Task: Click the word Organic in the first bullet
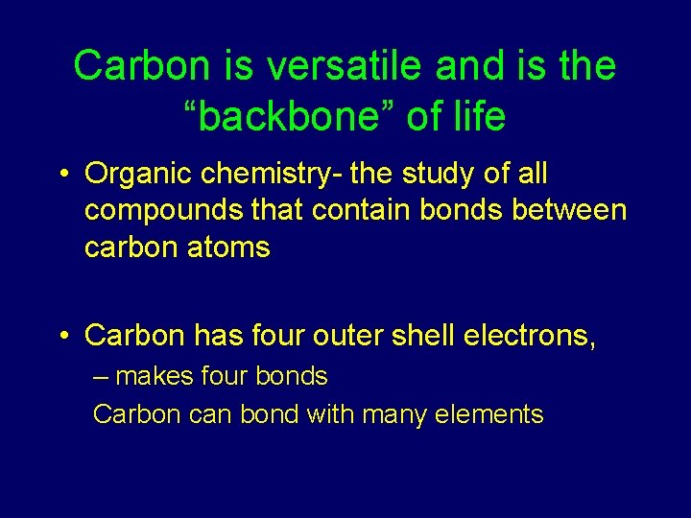tap(130, 175)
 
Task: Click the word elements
tap(489, 415)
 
